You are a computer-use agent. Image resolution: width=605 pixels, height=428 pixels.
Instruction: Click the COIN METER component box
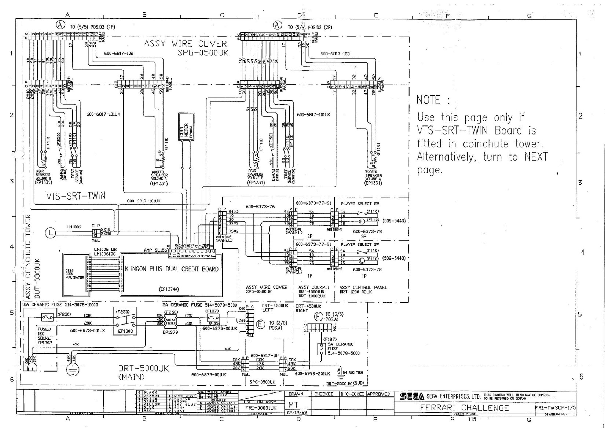click(186, 127)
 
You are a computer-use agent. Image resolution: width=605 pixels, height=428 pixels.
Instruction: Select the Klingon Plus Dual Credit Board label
click(172, 269)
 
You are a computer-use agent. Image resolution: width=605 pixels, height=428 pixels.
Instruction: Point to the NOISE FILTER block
click(171, 321)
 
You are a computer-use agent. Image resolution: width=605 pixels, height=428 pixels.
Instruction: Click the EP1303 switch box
click(125, 321)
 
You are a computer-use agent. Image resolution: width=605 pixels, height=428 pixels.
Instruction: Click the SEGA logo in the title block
click(412, 396)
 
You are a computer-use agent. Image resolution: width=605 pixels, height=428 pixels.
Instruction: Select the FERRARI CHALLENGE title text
click(464, 408)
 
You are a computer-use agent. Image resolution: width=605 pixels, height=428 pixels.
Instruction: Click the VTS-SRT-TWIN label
click(76, 196)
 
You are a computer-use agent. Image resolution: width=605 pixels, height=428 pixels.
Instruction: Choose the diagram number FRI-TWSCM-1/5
click(555, 407)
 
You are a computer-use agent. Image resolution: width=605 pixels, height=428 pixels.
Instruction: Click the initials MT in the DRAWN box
click(293, 405)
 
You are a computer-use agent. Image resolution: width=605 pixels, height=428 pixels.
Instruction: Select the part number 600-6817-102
click(118, 54)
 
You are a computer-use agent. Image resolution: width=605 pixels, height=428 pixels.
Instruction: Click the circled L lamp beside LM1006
click(50, 233)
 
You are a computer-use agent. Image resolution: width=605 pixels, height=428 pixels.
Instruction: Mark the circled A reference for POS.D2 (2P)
click(278, 25)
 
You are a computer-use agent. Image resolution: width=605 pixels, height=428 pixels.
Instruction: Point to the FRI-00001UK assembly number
click(261, 408)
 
